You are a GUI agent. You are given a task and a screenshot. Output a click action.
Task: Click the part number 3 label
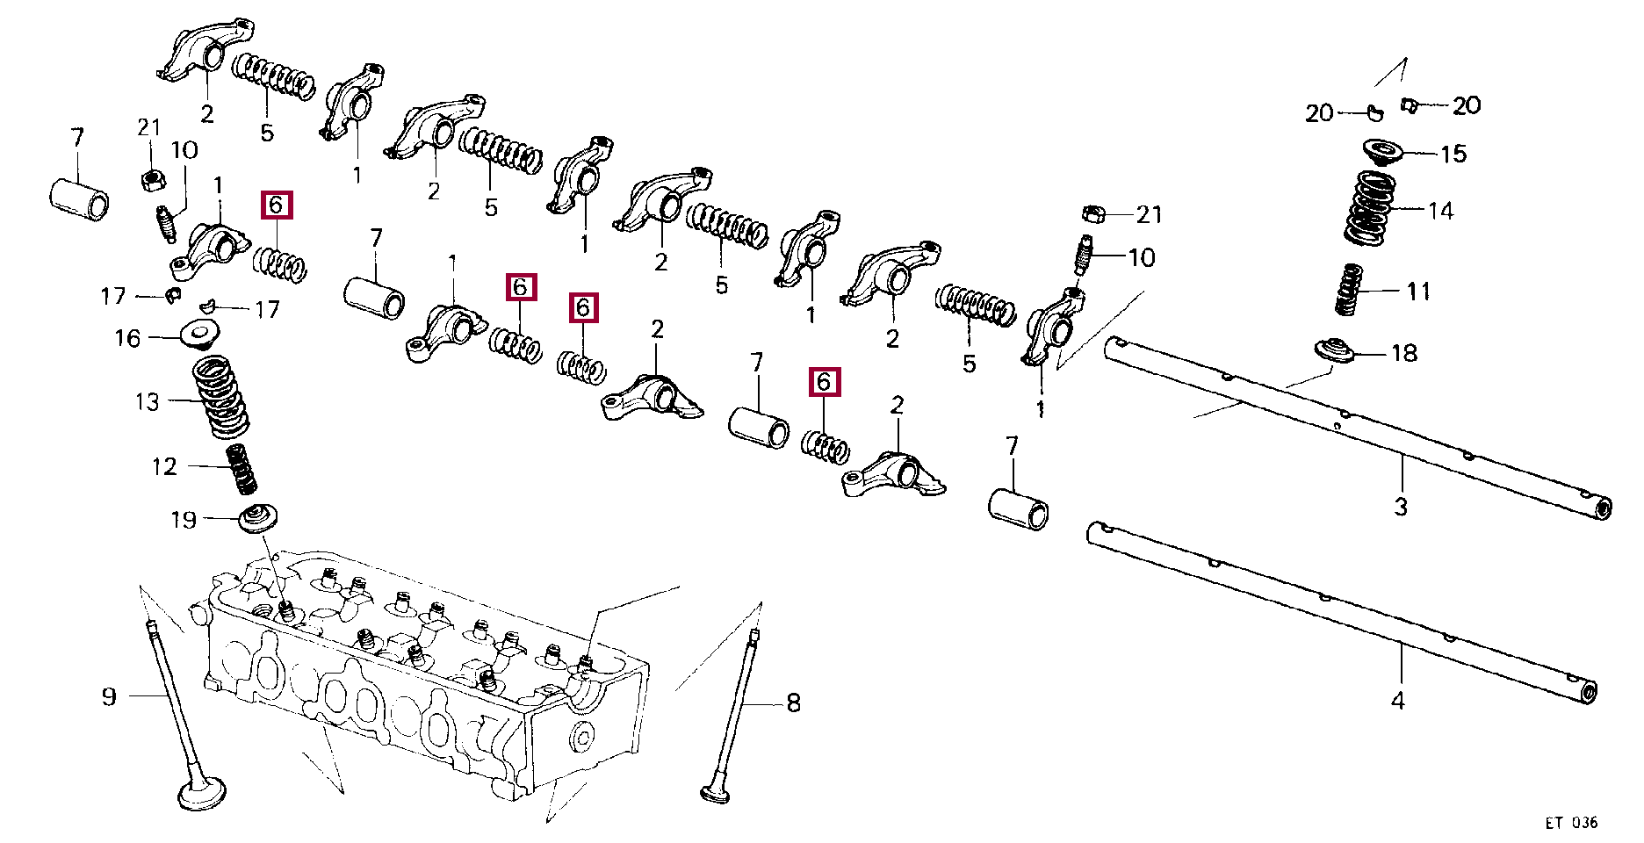1401,507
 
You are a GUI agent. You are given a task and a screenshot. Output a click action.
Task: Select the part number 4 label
1398,701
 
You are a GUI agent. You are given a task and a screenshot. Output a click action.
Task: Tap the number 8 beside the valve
793,702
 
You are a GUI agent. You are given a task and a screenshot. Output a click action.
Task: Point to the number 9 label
109,697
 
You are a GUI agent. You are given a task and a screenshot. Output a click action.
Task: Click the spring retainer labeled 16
199,335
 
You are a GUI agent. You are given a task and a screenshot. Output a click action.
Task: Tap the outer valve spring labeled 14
1370,208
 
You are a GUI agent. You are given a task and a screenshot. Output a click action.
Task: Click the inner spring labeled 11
1348,290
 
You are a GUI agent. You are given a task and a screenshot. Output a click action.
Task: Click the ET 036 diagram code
1571,823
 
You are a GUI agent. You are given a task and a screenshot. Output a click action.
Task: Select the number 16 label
127,338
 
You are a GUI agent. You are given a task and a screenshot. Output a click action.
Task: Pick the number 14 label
1440,211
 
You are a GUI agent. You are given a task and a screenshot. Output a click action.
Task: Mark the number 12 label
164,466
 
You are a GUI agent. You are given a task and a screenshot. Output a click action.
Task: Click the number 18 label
1404,353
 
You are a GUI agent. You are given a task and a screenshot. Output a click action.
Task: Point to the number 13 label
148,401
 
